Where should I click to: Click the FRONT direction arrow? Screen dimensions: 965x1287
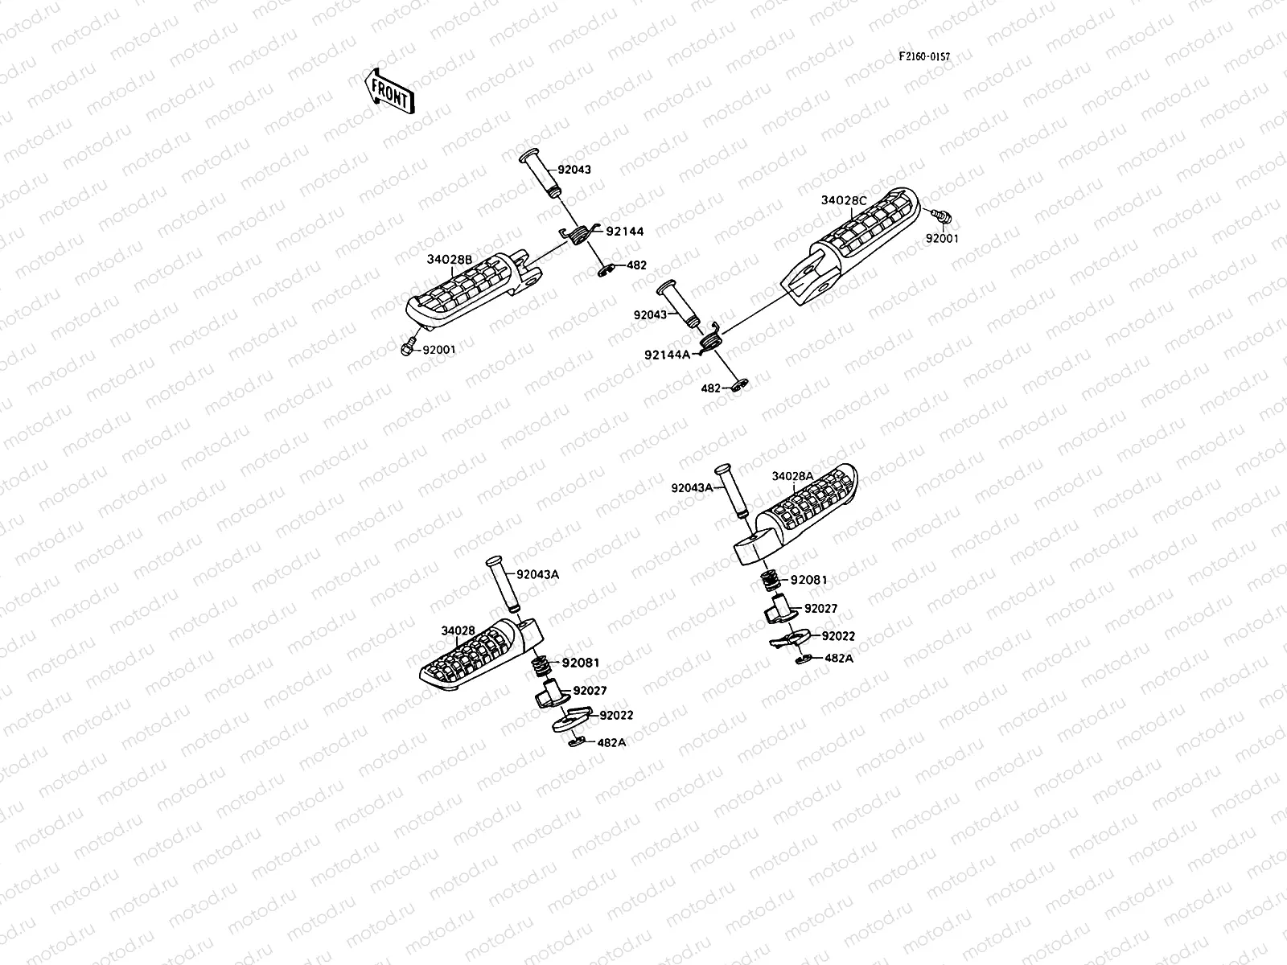pyautogui.click(x=388, y=90)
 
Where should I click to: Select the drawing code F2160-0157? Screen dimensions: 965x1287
pyautogui.click(x=924, y=57)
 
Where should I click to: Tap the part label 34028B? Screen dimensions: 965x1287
pyautogui.click(x=449, y=259)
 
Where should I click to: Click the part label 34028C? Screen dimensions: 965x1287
pyautogui.click(x=844, y=200)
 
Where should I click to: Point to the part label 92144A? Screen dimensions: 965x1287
pyautogui.click(x=667, y=354)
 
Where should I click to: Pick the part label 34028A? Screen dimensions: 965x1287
pyautogui.click(x=792, y=476)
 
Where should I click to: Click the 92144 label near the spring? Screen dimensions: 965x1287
pyautogui.click(x=625, y=232)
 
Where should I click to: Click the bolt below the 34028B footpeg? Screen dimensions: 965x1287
pyautogui.click(x=406, y=347)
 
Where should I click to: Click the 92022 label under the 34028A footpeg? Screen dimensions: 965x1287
pyautogui.click(x=838, y=636)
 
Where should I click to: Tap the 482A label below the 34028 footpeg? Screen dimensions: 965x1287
pyautogui.click(x=611, y=742)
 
